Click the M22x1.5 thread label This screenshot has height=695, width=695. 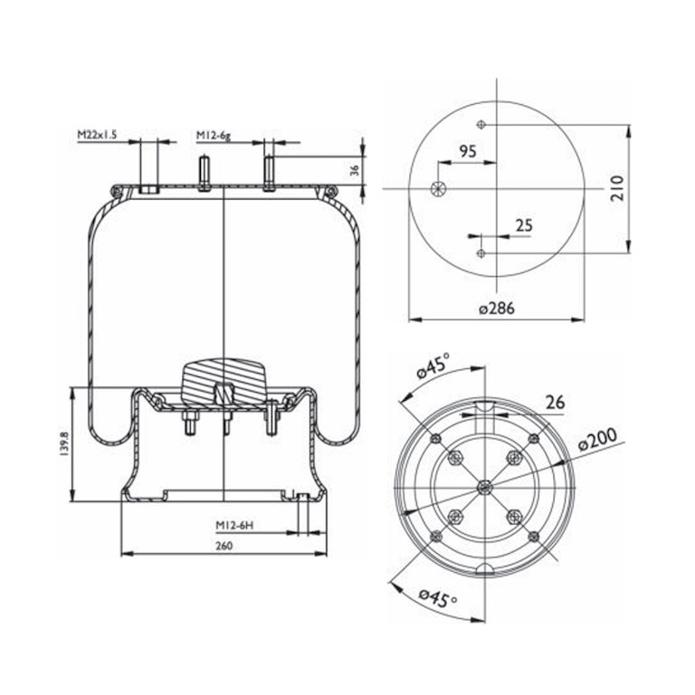(97, 135)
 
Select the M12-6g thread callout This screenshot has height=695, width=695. (214, 135)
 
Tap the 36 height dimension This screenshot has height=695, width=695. (355, 170)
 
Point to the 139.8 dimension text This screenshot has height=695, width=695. (65, 443)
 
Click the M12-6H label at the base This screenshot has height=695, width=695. (234, 525)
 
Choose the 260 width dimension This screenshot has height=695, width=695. (224, 546)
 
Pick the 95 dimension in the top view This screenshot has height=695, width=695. (467, 151)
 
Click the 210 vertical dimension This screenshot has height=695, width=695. (617, 188)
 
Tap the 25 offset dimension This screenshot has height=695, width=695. (524, 225)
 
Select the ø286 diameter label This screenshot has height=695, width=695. (497, 308)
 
